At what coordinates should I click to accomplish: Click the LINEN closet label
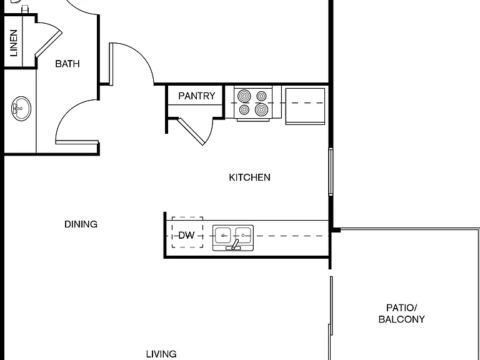click(x=14, y=43)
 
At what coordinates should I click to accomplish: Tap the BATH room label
click(x=67, y=64)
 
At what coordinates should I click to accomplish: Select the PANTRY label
click(x=197, y=96)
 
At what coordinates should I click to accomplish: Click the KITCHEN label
click(x=249, y=177)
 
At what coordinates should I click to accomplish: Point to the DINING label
click(x=81, y=224)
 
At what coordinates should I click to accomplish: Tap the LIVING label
click(x=161, y=354)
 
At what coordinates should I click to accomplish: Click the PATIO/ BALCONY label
click(x=402, y=314)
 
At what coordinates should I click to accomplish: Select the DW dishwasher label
click(x=186, y=235)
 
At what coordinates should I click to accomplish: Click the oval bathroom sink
click(x=21, y=109)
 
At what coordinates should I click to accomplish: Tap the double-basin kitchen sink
click(x=233, y=238)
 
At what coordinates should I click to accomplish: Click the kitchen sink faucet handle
click(x=235, y=244)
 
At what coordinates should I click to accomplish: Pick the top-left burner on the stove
click(x=244, y=96)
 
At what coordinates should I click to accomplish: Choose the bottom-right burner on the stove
click(x=261, y=109)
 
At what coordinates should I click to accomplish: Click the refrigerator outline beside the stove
click(x=305, y=106)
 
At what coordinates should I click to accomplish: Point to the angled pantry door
click(x=191, y=131)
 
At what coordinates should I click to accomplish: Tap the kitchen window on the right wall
click(x=331, y=171)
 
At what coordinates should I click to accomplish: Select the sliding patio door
click(x=331, y=318)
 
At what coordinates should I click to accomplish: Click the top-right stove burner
click(x=261, y=96)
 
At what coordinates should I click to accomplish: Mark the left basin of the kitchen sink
click(x=223, y=235)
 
